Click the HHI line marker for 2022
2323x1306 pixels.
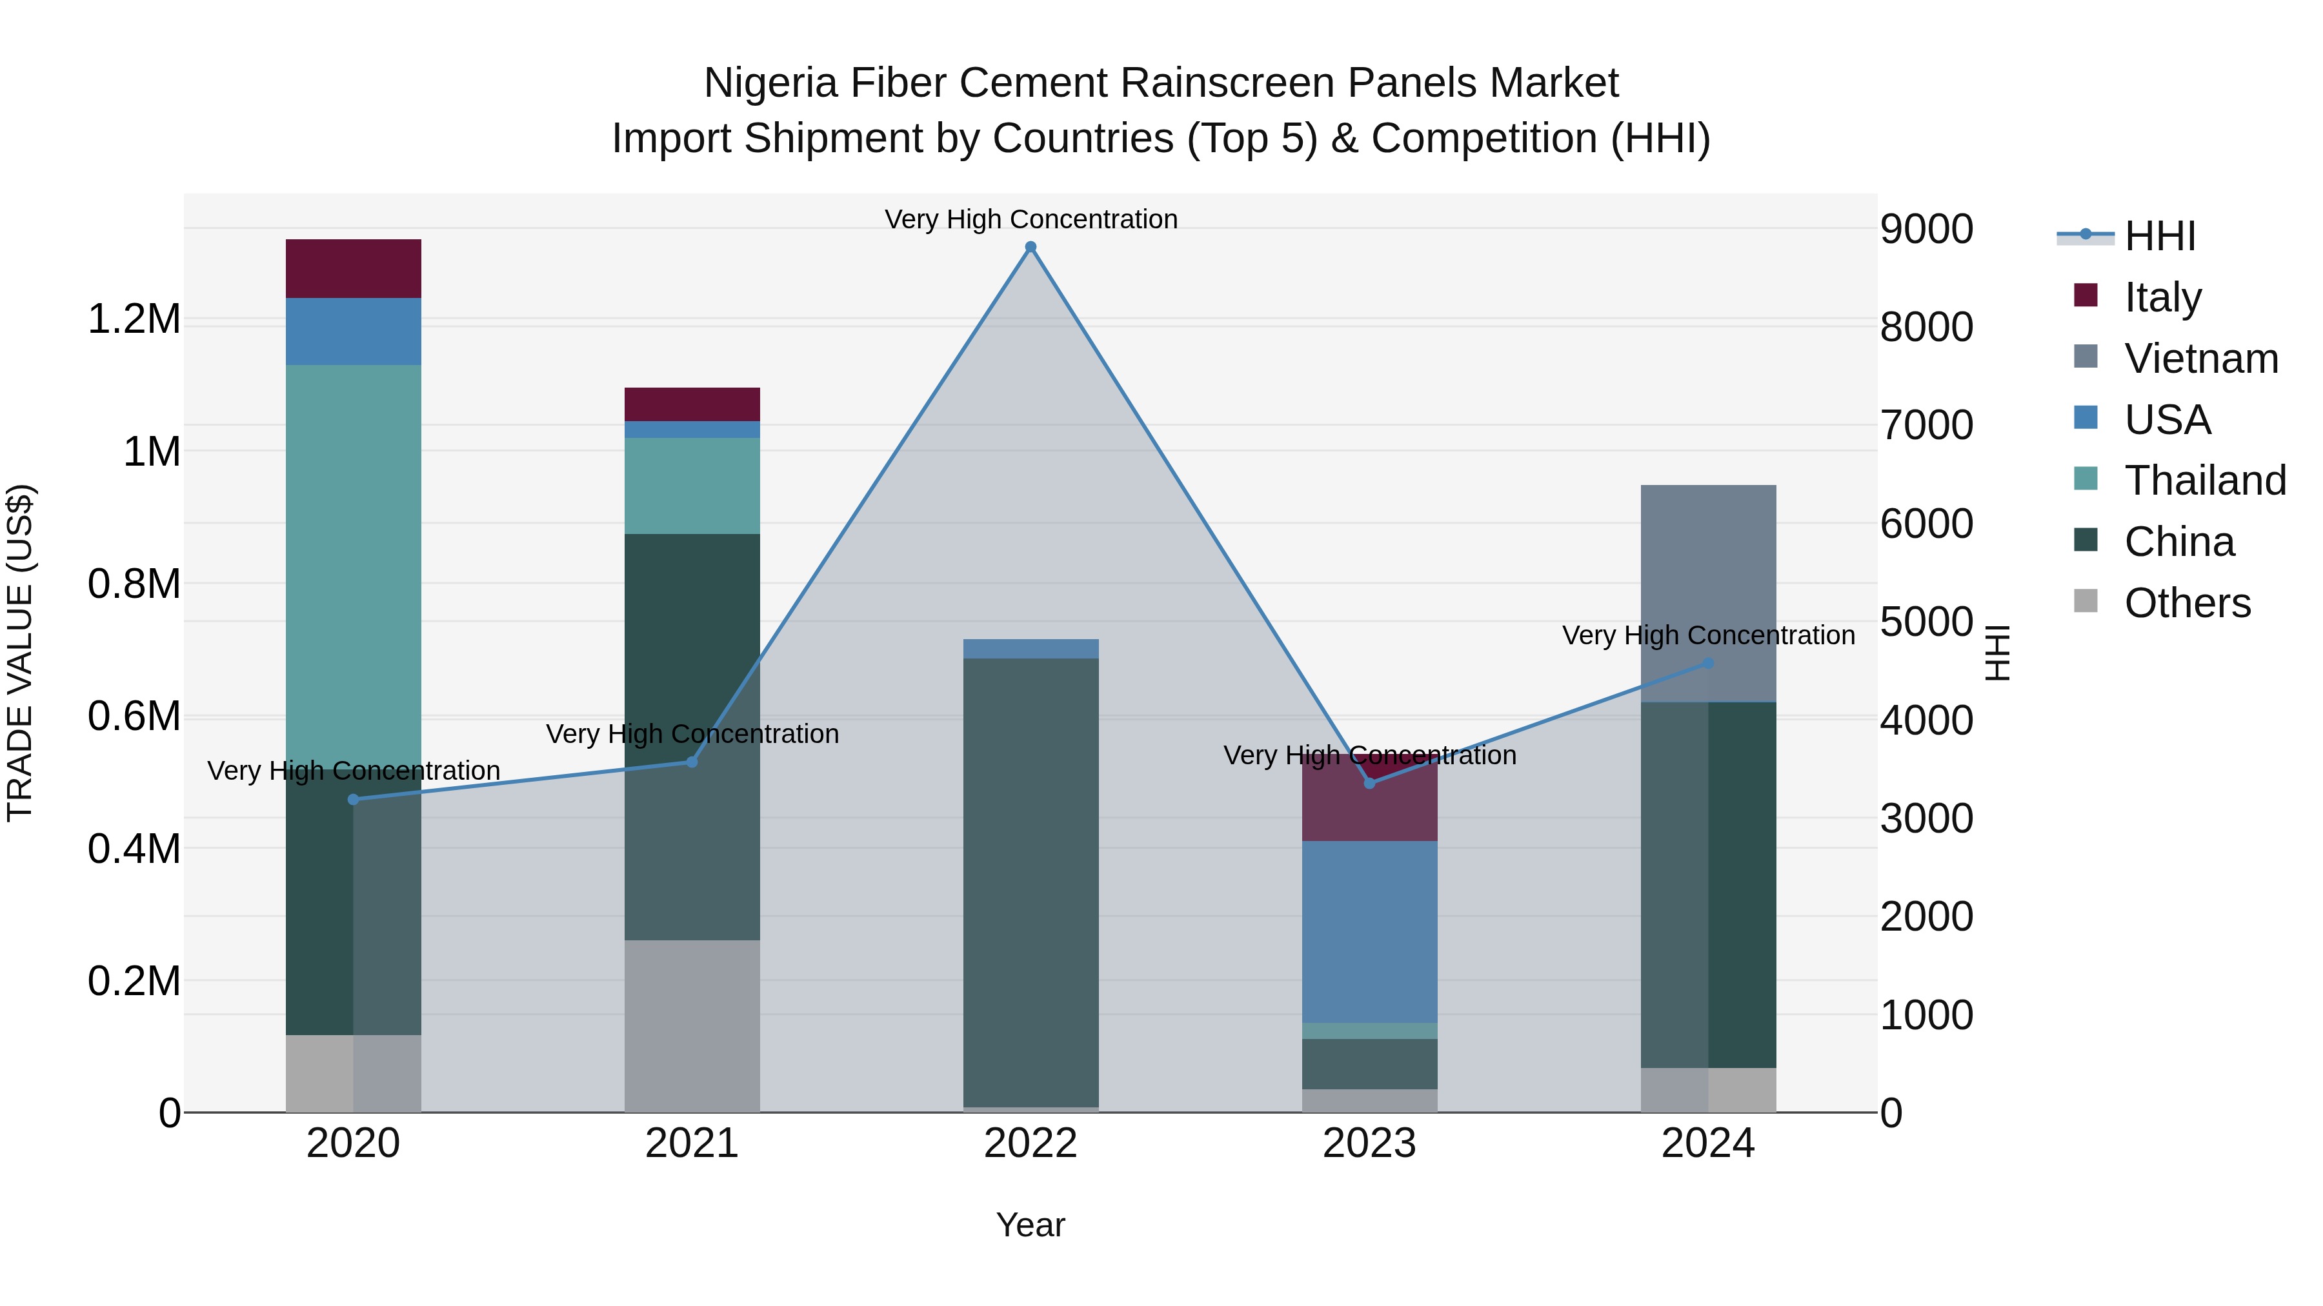tap(1031, 247)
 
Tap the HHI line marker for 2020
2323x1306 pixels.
tap(354, 800)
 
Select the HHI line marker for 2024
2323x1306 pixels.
tap(1708, 664)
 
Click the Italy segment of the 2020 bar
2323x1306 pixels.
tap(354, 268)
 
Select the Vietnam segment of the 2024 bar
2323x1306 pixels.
tap(1708, 592)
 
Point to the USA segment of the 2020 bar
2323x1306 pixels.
tap(354, 331)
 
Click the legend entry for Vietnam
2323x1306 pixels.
tap(2200, 359)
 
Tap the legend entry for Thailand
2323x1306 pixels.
tap(2204, 480)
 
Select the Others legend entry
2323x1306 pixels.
tap(2186, 603)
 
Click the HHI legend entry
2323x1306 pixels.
tap(2159, 236)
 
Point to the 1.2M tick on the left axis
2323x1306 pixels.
tap(134, 319)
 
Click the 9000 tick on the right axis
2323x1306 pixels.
tap(1926, 229)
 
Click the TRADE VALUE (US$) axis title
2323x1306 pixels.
tap(20, 653)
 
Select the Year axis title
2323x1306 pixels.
tap(1031, 1225)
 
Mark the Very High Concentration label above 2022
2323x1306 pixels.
tap(1031, 219)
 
